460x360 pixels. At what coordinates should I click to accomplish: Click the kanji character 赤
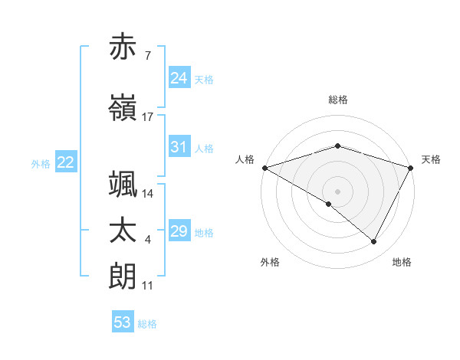coord(123,47)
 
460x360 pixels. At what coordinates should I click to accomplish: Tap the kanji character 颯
coord(123,185)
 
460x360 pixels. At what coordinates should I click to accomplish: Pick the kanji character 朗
coord(123,276)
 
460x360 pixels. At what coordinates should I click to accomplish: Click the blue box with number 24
coord(179,78)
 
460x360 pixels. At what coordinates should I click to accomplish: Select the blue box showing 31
coord(179,147)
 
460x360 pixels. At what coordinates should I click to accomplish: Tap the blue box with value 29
coord(179,231)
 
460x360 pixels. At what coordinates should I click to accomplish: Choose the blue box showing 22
coord(65,162)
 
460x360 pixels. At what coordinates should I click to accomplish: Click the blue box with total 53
coord(123,322)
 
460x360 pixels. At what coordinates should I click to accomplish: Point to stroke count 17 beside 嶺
coord(148,117)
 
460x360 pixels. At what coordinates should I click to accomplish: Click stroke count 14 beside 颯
coord(148,194)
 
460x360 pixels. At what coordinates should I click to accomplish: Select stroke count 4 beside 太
coord(148,241)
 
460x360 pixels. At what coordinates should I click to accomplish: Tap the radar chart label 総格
coord(338,100)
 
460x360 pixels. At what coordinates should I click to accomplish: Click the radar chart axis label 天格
coord(432,159)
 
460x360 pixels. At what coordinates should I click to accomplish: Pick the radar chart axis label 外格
coord(270,262)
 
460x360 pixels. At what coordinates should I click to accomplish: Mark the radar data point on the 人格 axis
coord(264,168)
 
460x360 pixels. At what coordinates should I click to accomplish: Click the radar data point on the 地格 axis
coord(374,242)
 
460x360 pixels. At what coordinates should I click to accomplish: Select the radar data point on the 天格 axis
coord(412,168)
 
